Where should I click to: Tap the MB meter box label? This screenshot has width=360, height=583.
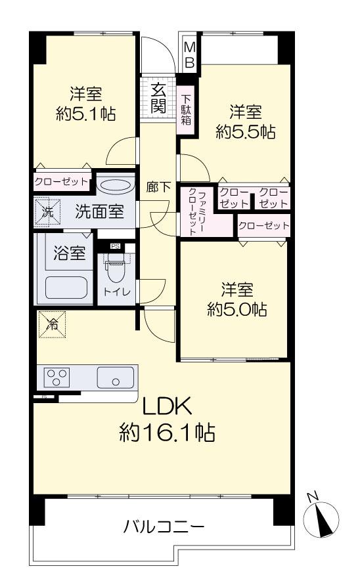tap(190, 54)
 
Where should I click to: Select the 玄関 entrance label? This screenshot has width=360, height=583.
tap(158, 98)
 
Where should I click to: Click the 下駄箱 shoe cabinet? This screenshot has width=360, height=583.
tap(186, 110)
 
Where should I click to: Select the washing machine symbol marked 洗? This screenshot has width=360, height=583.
tap(47, 211)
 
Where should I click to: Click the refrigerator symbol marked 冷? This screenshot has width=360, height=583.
tap(52, 324)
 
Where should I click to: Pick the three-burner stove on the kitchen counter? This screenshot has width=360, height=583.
tap(57, 377)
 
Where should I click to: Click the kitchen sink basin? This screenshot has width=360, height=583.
tap(115, 378)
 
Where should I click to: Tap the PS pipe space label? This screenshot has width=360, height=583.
tap(115, 246)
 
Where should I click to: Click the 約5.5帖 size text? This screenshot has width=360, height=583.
tap(246, 131)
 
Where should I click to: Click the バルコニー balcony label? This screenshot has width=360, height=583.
tap(164, 527)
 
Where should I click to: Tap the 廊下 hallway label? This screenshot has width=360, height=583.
tap(158, 187)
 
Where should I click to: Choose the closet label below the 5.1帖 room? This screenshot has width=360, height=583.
tap(62, 182)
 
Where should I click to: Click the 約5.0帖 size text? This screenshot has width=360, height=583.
tap(237, 309)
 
